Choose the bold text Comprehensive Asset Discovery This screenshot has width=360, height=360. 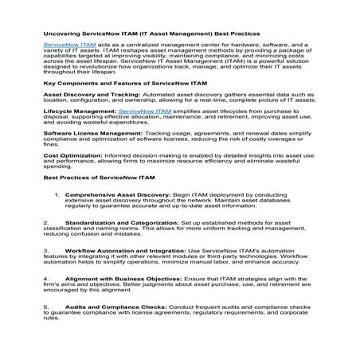(118, 217)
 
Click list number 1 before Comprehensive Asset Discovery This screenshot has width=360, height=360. (56, 217)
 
